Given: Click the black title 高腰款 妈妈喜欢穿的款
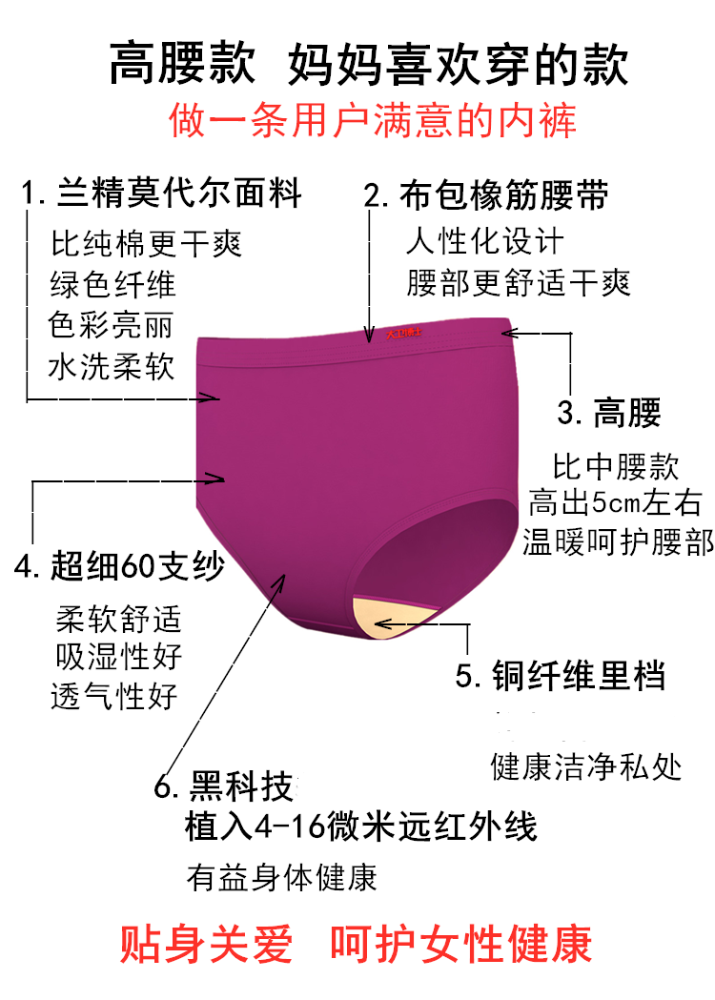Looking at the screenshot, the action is tap(368, 64).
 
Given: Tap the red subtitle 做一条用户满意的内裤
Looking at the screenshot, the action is tap(373, 122).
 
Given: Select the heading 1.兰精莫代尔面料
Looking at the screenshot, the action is tap(162, 194).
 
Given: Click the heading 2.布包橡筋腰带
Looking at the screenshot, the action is tap(486, 195).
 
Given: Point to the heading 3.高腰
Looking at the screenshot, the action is tap(608, 414).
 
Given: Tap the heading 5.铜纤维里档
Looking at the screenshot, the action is tap(561, 676).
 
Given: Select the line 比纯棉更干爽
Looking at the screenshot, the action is tap(147, 243).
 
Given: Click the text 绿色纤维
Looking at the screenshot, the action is tap(112, 284).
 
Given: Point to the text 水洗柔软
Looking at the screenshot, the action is tap(112, 366).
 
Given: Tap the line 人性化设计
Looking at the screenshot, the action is tap(484, 242).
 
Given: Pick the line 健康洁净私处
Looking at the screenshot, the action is tap(586, 767).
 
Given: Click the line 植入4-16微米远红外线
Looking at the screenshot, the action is tap(361, 827).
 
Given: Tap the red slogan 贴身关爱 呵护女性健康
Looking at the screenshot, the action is tap(357, 944).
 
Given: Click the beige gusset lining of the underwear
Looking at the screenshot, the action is tap(393, 615).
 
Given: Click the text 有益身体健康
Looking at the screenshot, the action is tap(282, 877).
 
